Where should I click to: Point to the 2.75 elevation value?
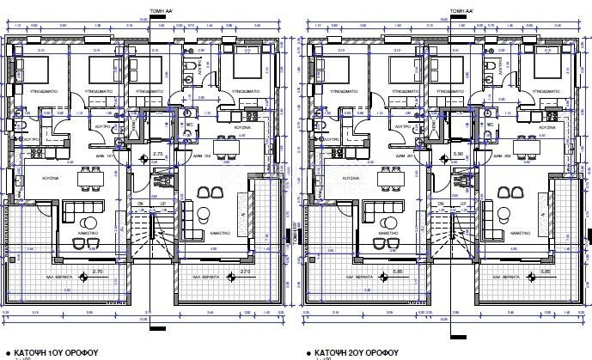point(157,154)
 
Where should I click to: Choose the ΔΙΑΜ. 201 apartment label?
point(404,156)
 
